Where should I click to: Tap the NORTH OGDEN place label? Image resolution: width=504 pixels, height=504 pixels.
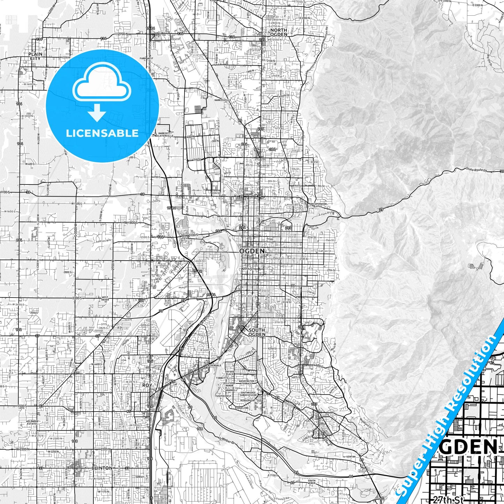279,32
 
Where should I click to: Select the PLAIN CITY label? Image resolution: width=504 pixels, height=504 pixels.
35,56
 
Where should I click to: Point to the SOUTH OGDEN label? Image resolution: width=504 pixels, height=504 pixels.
257,332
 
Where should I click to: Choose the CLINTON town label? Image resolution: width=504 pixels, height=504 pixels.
102,468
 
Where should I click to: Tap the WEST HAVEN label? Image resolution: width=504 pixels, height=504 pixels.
105,299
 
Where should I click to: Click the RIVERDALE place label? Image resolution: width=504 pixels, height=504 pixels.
215,365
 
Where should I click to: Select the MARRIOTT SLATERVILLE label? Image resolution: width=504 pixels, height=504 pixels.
166,135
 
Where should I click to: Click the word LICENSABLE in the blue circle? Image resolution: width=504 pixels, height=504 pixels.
102,133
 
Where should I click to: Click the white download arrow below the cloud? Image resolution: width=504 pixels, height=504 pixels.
97,113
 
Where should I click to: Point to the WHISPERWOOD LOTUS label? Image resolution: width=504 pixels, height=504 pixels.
318,205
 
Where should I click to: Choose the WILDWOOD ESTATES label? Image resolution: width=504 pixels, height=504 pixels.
34,423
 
